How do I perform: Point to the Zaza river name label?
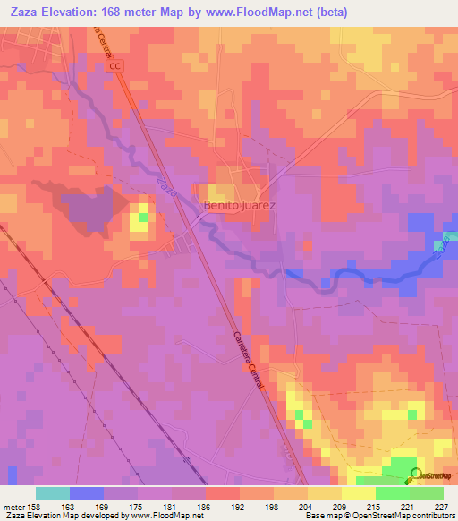[x=164, y=187]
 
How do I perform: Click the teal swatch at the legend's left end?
[x=53, y=493]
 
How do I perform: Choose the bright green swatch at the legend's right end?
[x=426, y=493]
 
